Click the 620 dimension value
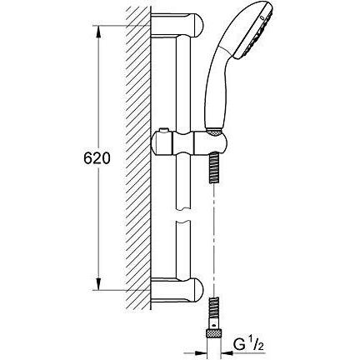pos(97,158)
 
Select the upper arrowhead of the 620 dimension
pos(98,32)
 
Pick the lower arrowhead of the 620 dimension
pos(98,284)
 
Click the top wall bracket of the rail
pos(177,25)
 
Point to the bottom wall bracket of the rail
pos(177,289)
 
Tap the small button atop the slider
pos(163,130)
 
